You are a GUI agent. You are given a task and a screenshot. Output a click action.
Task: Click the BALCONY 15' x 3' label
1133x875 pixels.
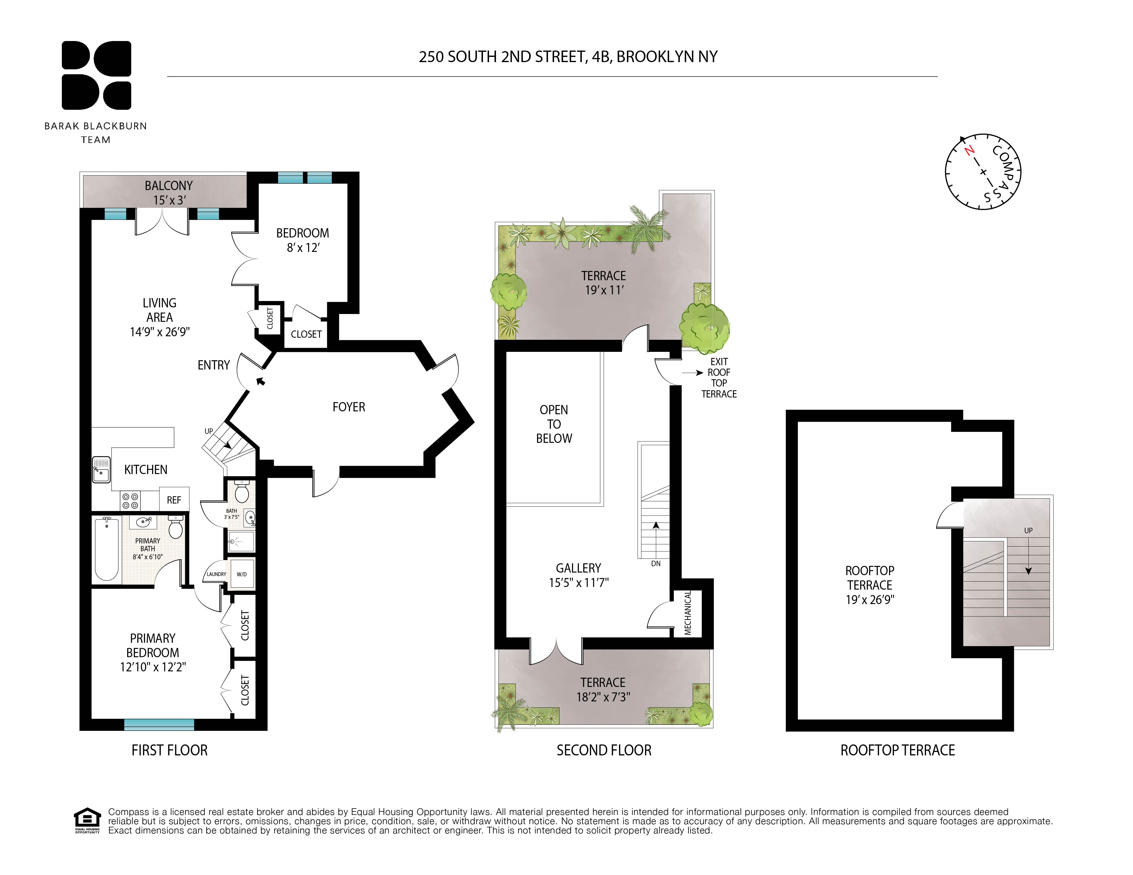pyautogui.click(x=169, y=192)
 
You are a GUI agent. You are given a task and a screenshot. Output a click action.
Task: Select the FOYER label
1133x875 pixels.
pyautogui.click(x=349, y=407)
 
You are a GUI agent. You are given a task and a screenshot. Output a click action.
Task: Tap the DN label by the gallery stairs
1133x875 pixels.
pyautogui.click(x=656, y=564)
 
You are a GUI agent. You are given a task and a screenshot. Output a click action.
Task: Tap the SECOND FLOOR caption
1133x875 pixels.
pyautogui.click(x=604, y=750)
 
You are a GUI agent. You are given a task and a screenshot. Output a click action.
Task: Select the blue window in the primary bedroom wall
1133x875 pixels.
pyautogui.click(x=159, y=724)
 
